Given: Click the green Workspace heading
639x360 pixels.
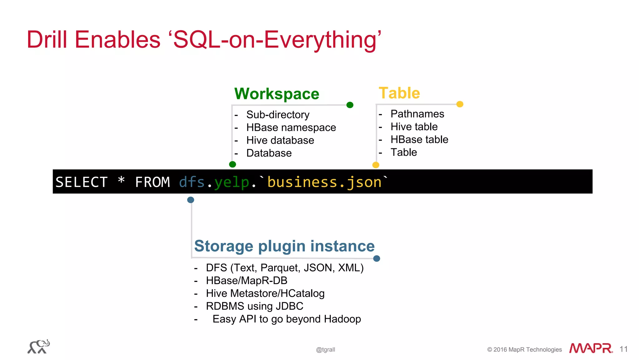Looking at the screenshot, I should tap(277, 94).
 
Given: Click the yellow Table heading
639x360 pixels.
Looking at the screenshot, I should tap(399, 93).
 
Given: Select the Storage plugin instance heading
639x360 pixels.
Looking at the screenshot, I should tap(284, 246).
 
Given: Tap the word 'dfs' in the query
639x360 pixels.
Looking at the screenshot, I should tap(192, 182).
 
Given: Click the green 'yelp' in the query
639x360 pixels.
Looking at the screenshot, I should tap(232, 182).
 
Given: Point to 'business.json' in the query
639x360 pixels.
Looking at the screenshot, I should tap(324, 182).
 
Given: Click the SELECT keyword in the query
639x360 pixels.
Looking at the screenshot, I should tap(82, 182).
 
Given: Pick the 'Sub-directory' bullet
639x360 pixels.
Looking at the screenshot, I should tap(278, 115).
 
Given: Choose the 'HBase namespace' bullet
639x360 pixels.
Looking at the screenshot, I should tap(291, 127).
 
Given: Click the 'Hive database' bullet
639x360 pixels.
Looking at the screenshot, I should tap(280, 140).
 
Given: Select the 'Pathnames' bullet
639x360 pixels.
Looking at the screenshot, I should tap(417, 114).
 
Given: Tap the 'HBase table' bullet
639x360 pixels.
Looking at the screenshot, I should tap(419, 139).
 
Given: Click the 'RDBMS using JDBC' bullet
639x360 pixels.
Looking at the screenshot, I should tap(255, 306).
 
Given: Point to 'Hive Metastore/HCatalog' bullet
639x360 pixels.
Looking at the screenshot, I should tap(265, 293).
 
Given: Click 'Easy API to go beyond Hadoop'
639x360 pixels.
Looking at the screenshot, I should tap(286, 319).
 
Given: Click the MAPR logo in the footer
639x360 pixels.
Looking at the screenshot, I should tap(591, 348).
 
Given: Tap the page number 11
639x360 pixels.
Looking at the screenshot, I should tap(623, 349).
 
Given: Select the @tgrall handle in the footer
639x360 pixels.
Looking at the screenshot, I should tap(325, 350).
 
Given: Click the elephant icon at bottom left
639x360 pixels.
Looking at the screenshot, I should tap(39, 346).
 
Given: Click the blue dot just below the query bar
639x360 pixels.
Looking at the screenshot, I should tap(191, 200).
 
